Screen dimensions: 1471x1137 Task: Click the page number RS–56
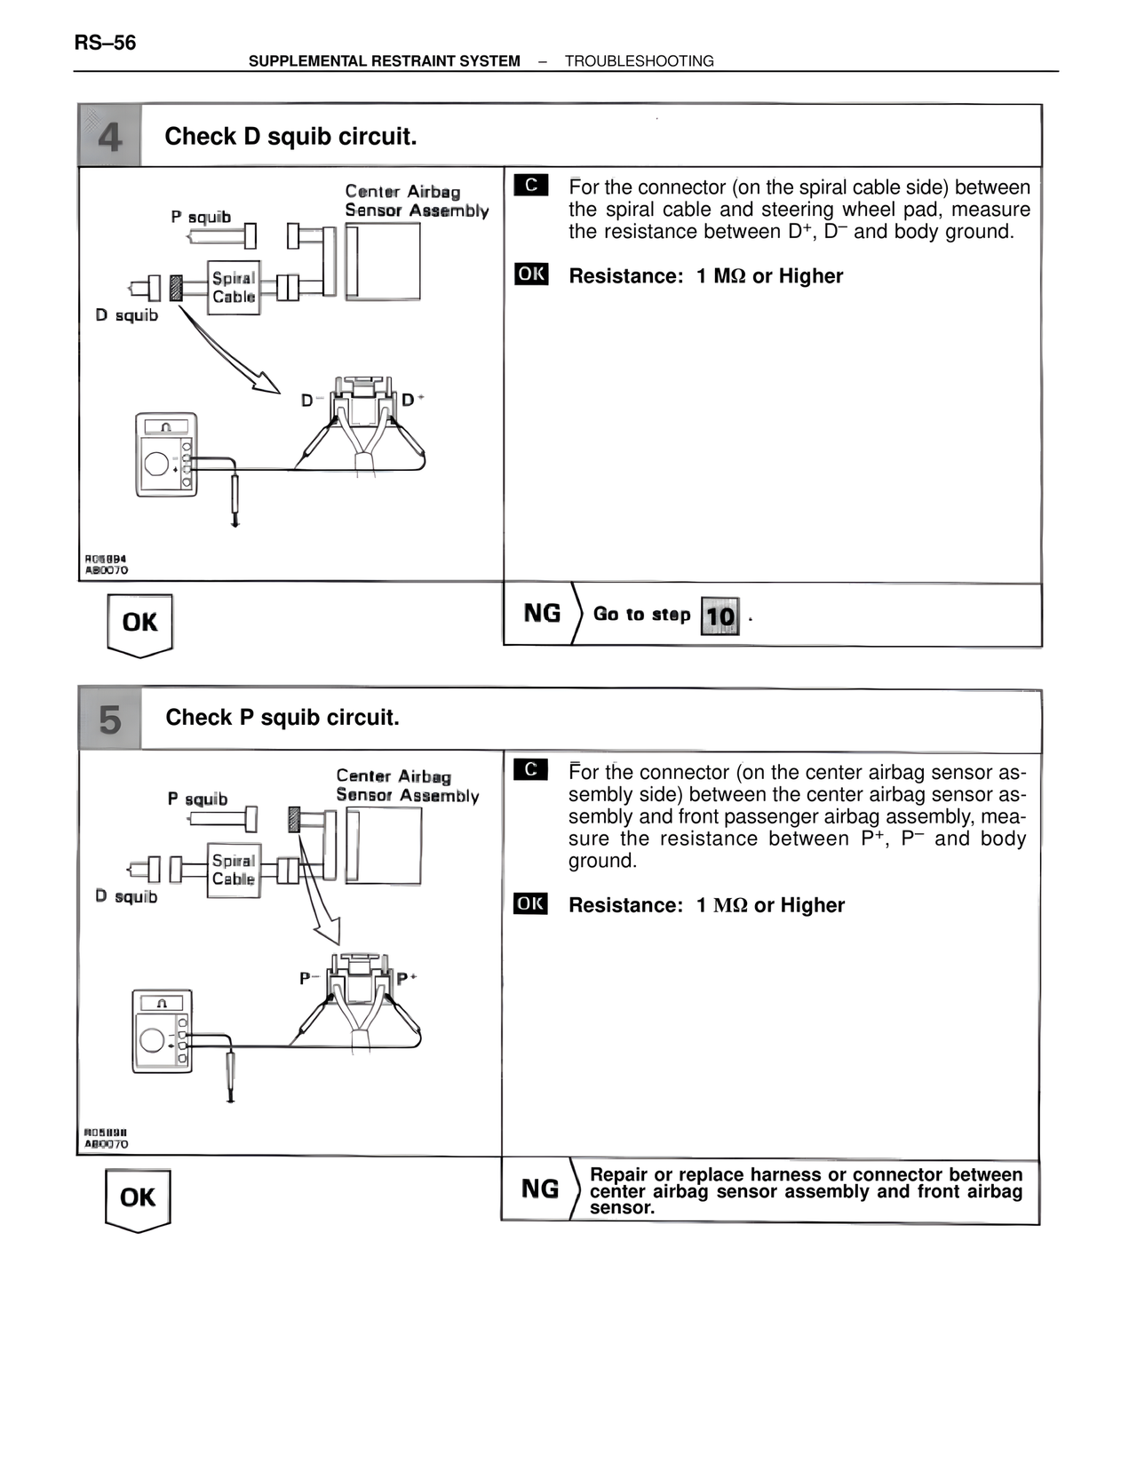[x=105, y=43]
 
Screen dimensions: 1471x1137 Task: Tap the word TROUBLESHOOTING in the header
[x=639, y=61]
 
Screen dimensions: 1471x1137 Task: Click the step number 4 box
[x=110, y=136]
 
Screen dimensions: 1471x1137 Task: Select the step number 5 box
[x=110, y=720]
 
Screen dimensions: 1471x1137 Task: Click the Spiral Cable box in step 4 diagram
[x=234, y=288]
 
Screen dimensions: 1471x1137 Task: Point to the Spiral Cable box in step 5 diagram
[x=234, y=870]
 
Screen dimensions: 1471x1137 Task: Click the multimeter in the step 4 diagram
[x=166, y=454]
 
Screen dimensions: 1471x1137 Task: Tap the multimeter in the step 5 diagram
[x=163, y=1030]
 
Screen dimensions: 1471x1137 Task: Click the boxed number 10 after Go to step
[x=720, y=616]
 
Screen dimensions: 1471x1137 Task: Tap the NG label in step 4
[x=542, y=614]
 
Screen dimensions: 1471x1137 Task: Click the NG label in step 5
[x=540, y=1189]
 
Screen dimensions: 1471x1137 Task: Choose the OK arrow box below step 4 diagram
[x=140, y=624]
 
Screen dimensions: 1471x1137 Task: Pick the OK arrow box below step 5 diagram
[x=138, y=1198]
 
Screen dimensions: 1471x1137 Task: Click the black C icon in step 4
[x=531, y=185]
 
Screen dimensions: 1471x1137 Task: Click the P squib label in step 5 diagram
[x=197, y=799]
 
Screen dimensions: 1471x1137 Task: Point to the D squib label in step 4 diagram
[x=126, y=315]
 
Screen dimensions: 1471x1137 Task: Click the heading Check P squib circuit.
[x=282, y=718]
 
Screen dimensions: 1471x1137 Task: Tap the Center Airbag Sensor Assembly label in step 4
[x=416, y=201]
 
